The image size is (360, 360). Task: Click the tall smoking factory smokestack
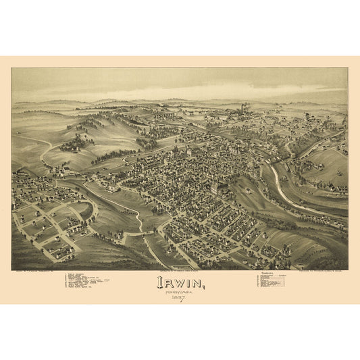point(242,108)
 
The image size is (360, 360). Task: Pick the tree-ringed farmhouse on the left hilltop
point(76,144)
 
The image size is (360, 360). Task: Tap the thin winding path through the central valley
point(135,216)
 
